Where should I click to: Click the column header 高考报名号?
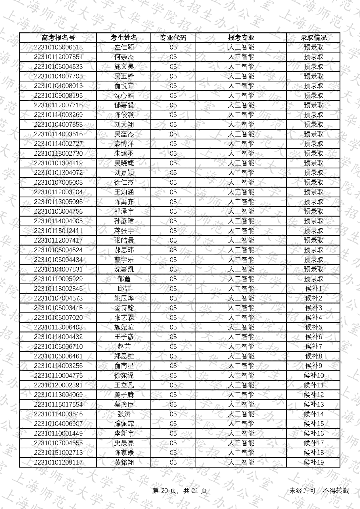[58, 38]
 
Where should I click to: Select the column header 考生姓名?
[124, 38]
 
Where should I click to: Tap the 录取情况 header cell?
[313, 38]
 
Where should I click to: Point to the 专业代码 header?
[173, 38]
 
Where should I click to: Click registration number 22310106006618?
[58, 47]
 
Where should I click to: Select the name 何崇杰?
[124, 57]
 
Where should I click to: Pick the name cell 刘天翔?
[124, 125]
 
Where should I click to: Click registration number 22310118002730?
[58, 154]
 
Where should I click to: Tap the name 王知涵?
[124, 192]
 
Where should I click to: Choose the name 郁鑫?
[124, 279]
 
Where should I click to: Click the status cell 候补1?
[313, 289]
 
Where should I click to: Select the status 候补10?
[313, 376]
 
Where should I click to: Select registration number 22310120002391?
[58, 385]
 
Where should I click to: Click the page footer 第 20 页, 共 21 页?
[180, 491]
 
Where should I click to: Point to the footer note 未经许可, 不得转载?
[319, 491]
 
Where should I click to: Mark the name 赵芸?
[124, 347]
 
